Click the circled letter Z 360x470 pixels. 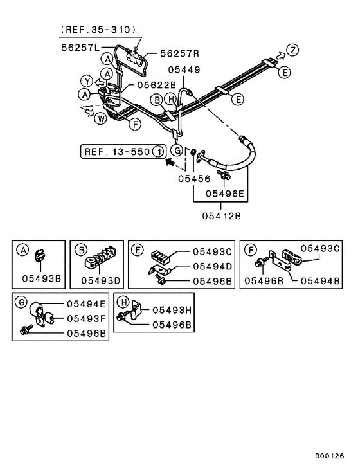tap(292, 50)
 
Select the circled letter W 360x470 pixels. tap(101, 118)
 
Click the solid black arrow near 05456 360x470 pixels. tap(170, 163)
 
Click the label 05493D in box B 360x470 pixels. tap(102, 280)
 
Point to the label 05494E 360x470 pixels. tap(84, 304)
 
